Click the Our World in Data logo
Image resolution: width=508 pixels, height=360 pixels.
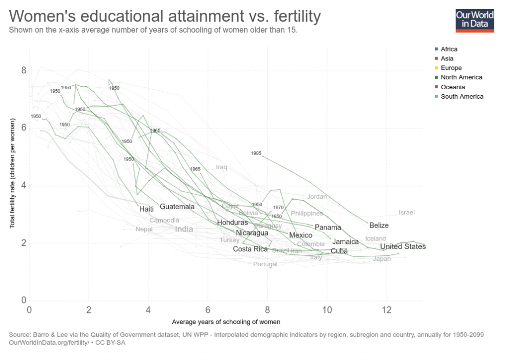click(x=475, y=19)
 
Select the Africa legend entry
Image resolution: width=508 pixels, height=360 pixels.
click(x=449, y=49)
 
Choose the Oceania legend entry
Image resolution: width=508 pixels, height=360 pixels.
click(x=451, y=87)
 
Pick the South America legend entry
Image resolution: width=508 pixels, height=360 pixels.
click(x=461, y=96)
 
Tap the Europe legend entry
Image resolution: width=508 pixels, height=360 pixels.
click(x=451, y=68)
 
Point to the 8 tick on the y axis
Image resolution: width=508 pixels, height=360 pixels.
click(x=23, y=71)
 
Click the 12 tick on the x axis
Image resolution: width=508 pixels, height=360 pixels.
click(x=386, y=310)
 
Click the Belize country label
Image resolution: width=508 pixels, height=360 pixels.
click(x=379, y=225)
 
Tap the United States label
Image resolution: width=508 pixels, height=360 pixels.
click(x=402, y=246)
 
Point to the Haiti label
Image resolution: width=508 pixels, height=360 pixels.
click(x=146, y=209)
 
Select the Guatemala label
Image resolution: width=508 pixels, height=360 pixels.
click(x=177, y=206)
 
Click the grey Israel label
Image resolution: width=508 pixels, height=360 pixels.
click(x=406, y=212)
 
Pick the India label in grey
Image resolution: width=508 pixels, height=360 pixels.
click(x=184, y=229)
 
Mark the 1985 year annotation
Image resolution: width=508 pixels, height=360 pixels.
click(x=256, y=153)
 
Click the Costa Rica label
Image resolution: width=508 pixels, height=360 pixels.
click(x=250, y=249)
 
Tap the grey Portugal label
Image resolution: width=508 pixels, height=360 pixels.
click(x=265, y=264)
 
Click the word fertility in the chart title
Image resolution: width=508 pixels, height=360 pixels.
click(x=293, y=16)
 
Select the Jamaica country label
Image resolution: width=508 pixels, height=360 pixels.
click(x=346, y=241)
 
